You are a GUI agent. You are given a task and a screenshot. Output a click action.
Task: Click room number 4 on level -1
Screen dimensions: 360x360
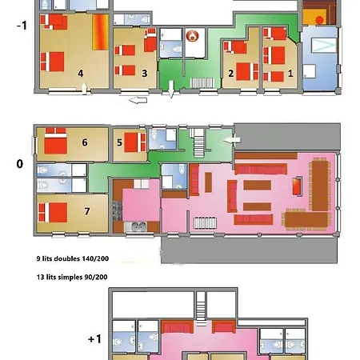[80, 74]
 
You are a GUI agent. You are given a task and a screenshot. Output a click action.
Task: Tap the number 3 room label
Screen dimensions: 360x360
[144, 74]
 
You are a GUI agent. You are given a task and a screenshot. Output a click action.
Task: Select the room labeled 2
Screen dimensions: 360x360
[230, 74]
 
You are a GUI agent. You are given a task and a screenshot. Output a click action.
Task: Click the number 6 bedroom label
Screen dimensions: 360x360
[84, 143]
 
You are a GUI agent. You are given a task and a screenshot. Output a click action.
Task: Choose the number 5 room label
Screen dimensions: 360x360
[119, 143]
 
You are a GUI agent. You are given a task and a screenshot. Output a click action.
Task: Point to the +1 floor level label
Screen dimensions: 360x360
[94, 339]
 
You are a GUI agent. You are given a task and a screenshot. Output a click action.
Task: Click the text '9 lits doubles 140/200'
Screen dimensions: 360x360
[73, 259]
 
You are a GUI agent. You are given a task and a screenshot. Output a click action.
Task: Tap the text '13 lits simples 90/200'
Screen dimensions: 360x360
[72, 277]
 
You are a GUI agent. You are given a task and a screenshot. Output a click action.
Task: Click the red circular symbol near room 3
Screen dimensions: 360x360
[190, 36]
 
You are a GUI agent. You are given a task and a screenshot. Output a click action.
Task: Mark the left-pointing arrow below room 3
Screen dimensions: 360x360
[138, 101]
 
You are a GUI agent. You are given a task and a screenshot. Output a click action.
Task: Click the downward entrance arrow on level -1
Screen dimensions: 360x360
[170, 96]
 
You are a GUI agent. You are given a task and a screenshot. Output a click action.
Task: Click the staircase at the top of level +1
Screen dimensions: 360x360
[201, 304]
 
